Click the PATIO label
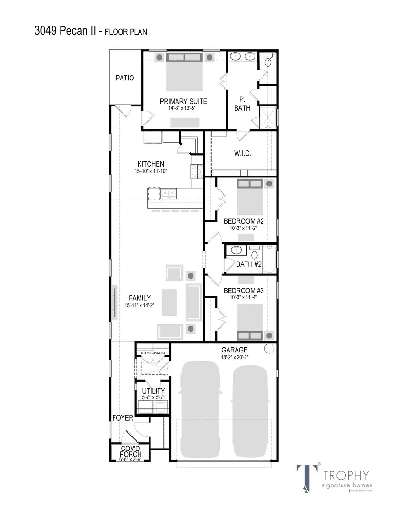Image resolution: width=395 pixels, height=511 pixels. coord(125,78)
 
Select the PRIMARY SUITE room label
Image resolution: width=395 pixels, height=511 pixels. coord(183,101)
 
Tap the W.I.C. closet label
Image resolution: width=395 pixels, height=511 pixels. coord(242,154)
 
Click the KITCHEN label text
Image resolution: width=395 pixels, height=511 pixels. coord(151,164)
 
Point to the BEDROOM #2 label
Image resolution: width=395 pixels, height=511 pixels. coord(243,221)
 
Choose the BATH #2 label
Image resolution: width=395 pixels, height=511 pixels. coord(249,264)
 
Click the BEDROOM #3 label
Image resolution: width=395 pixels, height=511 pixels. coord(243,291)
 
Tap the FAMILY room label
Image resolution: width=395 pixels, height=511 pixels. coord(140,298)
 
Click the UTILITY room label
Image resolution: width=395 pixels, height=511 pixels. coord(153,391)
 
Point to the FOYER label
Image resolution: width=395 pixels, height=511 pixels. coord(123,418)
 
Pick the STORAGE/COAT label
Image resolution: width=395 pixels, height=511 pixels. coord(153,352)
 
